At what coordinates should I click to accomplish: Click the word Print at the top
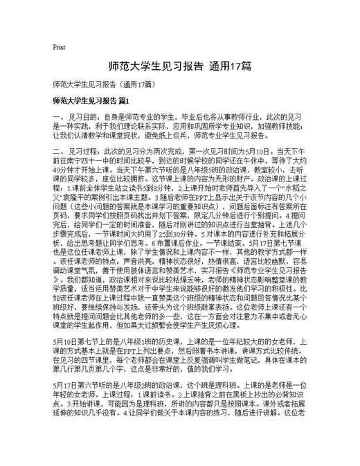(x=58, y=47)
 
